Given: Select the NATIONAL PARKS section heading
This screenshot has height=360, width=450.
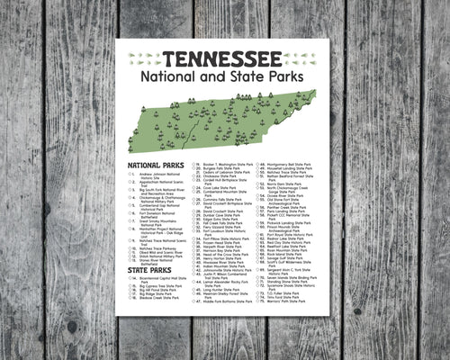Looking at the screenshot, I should (x=156, y=166).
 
